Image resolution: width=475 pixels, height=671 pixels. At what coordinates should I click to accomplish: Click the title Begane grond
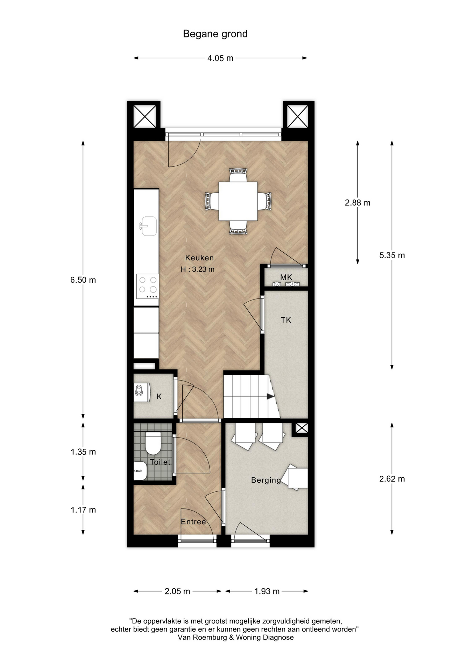tap(215, 34)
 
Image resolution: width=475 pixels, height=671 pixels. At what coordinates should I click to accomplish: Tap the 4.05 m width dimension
tap(220, 58)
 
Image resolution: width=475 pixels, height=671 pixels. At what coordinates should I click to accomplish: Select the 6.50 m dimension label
tap(83, 280)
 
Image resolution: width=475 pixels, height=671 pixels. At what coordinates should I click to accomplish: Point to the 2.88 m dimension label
tap(357, 203)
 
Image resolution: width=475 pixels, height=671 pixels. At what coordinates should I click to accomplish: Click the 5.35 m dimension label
tap(392, 255)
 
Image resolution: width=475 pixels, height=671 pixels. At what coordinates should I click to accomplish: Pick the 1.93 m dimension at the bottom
tap(267, 591)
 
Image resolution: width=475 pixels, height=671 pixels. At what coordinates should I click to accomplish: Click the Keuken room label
tap(199, 258)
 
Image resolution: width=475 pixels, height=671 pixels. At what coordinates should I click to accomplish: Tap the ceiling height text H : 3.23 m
tap(198, 269)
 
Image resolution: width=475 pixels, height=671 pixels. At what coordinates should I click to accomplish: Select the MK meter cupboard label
tap(286, 277)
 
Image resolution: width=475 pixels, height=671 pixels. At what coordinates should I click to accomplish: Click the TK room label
tap(286, 320)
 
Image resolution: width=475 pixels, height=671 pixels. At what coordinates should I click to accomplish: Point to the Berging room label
tap(266, 480)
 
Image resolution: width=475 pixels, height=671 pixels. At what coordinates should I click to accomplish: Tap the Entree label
tap(193, 522)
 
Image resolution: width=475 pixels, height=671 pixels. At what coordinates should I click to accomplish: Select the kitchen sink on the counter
tap(148, 226)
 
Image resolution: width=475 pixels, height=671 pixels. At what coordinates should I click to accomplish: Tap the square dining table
tap(238, 201)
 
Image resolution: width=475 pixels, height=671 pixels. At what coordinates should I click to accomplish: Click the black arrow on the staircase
tap(270, 397)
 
